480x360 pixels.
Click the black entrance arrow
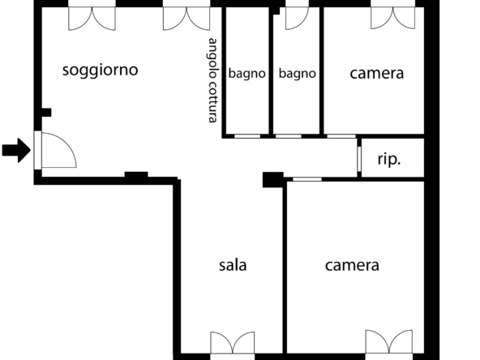point(16,150)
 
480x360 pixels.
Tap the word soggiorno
point(100,70)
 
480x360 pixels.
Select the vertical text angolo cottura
point(213,80)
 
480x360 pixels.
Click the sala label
point(233,265)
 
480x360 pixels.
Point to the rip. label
point(389,160)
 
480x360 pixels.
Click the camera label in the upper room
point(376,74)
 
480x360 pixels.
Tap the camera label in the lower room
point(352,265)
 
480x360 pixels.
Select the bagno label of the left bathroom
point(246,74)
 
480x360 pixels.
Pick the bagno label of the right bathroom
point(298,74)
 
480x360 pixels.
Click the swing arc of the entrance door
point(67,144)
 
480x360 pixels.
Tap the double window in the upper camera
point(392,18)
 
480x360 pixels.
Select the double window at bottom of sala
point(233,343)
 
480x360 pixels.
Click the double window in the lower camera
point(388,341)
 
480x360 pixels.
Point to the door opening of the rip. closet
point(359,159)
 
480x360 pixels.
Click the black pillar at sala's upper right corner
point(272,180)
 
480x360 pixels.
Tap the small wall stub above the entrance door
point(46,113)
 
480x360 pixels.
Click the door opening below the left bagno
point(247,136)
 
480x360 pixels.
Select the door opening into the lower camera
point(307,179)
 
